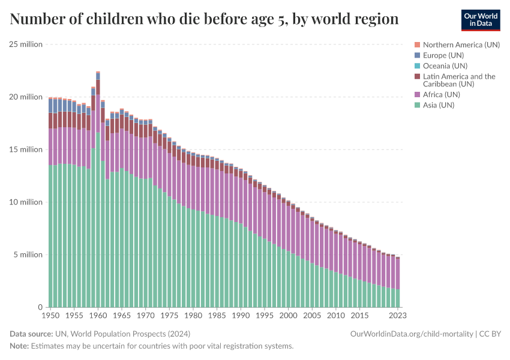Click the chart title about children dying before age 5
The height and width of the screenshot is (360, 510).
pos(204,19)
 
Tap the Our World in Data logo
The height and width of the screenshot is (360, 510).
pos(480,20)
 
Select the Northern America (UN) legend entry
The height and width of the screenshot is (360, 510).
pos(461,44)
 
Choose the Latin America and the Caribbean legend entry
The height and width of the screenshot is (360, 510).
pos(459,80)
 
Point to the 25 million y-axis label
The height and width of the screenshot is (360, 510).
pos(26,44)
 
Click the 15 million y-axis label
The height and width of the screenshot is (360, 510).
pos(26,149)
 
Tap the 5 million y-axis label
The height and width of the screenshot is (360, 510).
pos(28,255)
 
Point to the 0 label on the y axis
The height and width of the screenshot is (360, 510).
pos(40,307)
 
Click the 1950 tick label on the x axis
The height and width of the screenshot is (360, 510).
pos(50,315)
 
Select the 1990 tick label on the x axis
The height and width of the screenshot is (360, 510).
pos(241,315)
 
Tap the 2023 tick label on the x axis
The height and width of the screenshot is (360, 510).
pos(397,315)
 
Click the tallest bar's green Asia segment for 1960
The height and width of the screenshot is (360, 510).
pos(98,222)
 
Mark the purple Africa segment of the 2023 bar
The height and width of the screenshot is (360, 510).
pos(398,274)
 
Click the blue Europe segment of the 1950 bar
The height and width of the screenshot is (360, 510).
pos(50,106)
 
